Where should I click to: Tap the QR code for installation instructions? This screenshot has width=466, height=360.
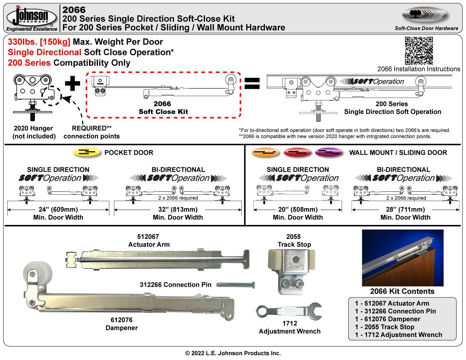[419, 50]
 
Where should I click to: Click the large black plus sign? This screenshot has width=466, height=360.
[72, 84]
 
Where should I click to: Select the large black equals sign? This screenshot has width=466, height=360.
[252, 84]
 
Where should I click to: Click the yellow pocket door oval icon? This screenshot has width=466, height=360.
[87, 153]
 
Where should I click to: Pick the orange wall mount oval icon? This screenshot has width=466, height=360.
[265, 153]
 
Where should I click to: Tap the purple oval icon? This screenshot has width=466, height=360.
[329, 153]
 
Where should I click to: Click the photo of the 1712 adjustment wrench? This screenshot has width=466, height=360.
[289, 310]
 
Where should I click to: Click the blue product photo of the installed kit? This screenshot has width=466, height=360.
[402, 258]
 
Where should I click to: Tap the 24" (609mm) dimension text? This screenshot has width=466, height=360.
[58, 210]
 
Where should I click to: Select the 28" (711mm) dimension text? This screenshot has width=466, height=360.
[405, 210]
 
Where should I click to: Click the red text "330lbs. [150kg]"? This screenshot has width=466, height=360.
[39, 42]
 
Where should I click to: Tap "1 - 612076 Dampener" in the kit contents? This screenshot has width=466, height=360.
[387, 319]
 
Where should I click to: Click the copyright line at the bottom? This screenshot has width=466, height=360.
[233, 353]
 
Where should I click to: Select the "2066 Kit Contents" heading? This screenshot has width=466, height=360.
[402, 292]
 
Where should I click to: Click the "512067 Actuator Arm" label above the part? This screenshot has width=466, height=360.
[149, 241]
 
